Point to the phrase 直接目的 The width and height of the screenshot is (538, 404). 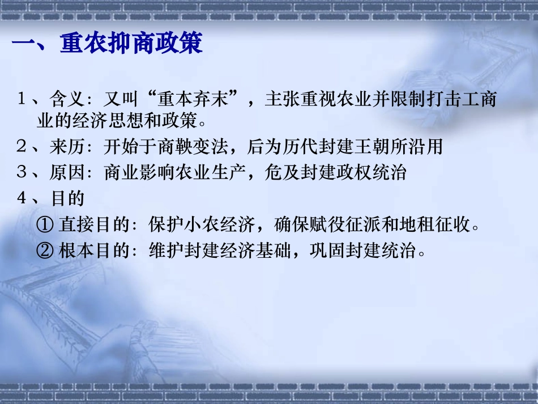click(x=96, y=226)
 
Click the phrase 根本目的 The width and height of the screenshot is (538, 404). click(x=96, y=250)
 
